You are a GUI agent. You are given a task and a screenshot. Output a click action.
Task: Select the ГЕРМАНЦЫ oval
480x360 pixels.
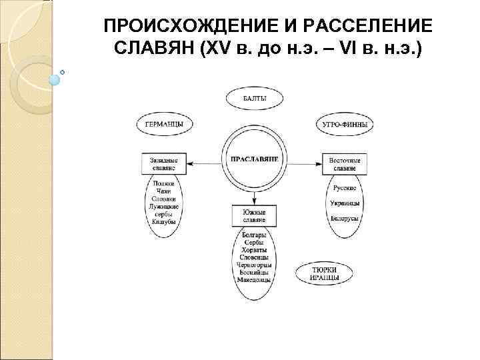coord(164,124)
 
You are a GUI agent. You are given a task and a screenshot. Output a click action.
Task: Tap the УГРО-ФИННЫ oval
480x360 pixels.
coord(344,124)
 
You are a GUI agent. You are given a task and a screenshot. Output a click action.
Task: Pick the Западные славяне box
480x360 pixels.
coord(164,164)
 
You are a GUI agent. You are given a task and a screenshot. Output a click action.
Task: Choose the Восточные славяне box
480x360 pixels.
coord(345,164)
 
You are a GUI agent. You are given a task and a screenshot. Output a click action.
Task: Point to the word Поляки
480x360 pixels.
coord(163,183)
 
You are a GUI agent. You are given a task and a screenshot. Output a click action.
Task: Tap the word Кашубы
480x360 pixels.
coord(163,221)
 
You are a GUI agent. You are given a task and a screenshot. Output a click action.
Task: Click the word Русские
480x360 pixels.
coord(345,188)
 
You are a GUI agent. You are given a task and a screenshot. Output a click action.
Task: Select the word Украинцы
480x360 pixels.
coord(345,203)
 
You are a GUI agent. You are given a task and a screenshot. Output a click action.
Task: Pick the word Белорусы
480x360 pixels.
coord(345,218)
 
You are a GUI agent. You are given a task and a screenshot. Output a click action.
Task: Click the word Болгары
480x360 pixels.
coord(254,235)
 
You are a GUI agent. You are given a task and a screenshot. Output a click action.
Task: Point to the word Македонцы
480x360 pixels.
coord(254,280)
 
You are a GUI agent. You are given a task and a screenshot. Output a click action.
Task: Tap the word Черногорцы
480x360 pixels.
coord(254,265)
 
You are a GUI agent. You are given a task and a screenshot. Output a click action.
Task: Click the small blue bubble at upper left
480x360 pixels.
coord(55,79)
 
